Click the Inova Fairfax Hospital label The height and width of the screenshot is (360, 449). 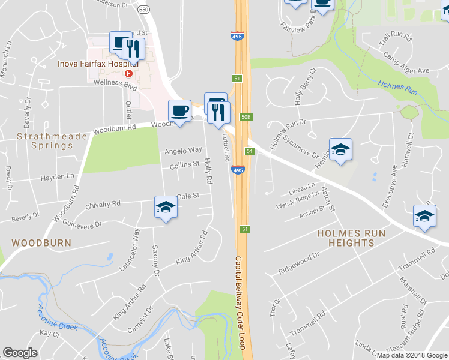point(98,63)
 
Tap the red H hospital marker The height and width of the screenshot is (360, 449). point(127,74)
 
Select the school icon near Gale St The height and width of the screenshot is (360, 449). point(165,207)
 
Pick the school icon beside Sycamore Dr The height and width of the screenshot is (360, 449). point(340,149)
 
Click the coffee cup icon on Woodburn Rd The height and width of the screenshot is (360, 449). point(179,110)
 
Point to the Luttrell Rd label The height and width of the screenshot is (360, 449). point(226,147)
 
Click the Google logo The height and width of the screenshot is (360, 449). point(20,353)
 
